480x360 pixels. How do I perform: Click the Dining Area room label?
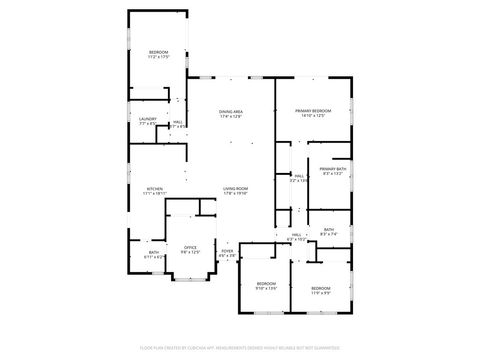pos(231,111)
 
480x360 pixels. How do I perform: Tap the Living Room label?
pos(236,188)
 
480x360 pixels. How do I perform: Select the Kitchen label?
pos(154,188)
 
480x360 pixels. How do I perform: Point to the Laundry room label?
pos(147,120)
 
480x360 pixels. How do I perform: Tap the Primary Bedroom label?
pos(313,110)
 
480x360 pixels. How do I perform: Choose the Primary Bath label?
pos(333,169)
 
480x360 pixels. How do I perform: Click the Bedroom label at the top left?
pos(159,52)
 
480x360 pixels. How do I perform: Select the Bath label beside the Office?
pos(153,253)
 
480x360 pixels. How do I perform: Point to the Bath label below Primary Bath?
pos(329,230)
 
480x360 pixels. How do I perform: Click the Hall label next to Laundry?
pos(178,122)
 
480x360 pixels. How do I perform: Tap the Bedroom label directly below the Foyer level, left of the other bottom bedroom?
pos(266,284)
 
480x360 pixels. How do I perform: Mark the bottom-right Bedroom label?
pos(320,288)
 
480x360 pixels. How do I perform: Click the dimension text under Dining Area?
pos(231,117)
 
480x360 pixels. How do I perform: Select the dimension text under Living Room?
pos(236,194)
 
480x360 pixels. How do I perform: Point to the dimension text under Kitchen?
pos(154,193)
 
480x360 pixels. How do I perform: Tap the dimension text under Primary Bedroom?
pos(313,116)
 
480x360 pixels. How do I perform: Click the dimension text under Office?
pos(190,252)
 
